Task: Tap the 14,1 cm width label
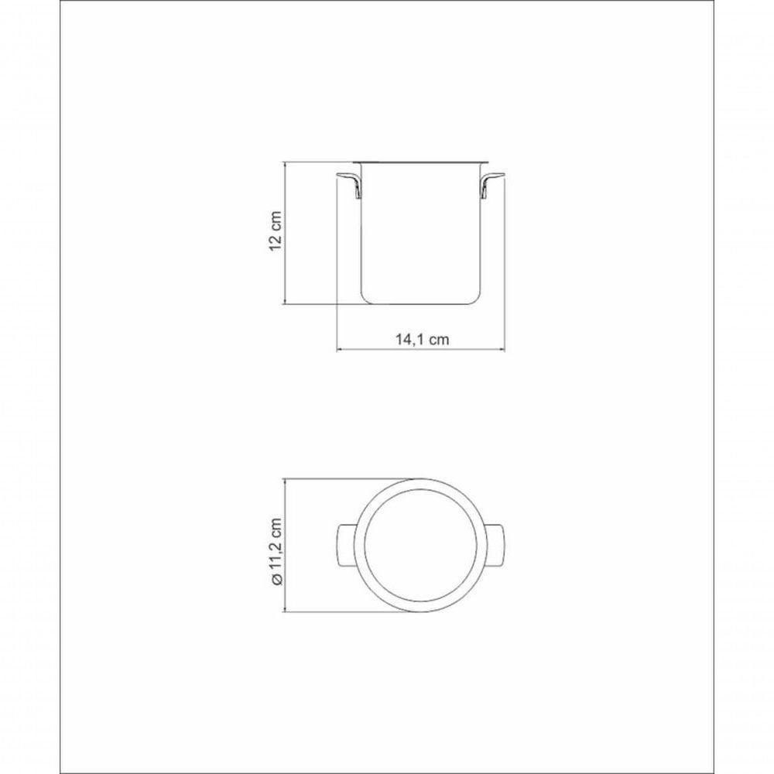422,338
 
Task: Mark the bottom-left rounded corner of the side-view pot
365,299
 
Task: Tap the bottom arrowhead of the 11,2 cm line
287,612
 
